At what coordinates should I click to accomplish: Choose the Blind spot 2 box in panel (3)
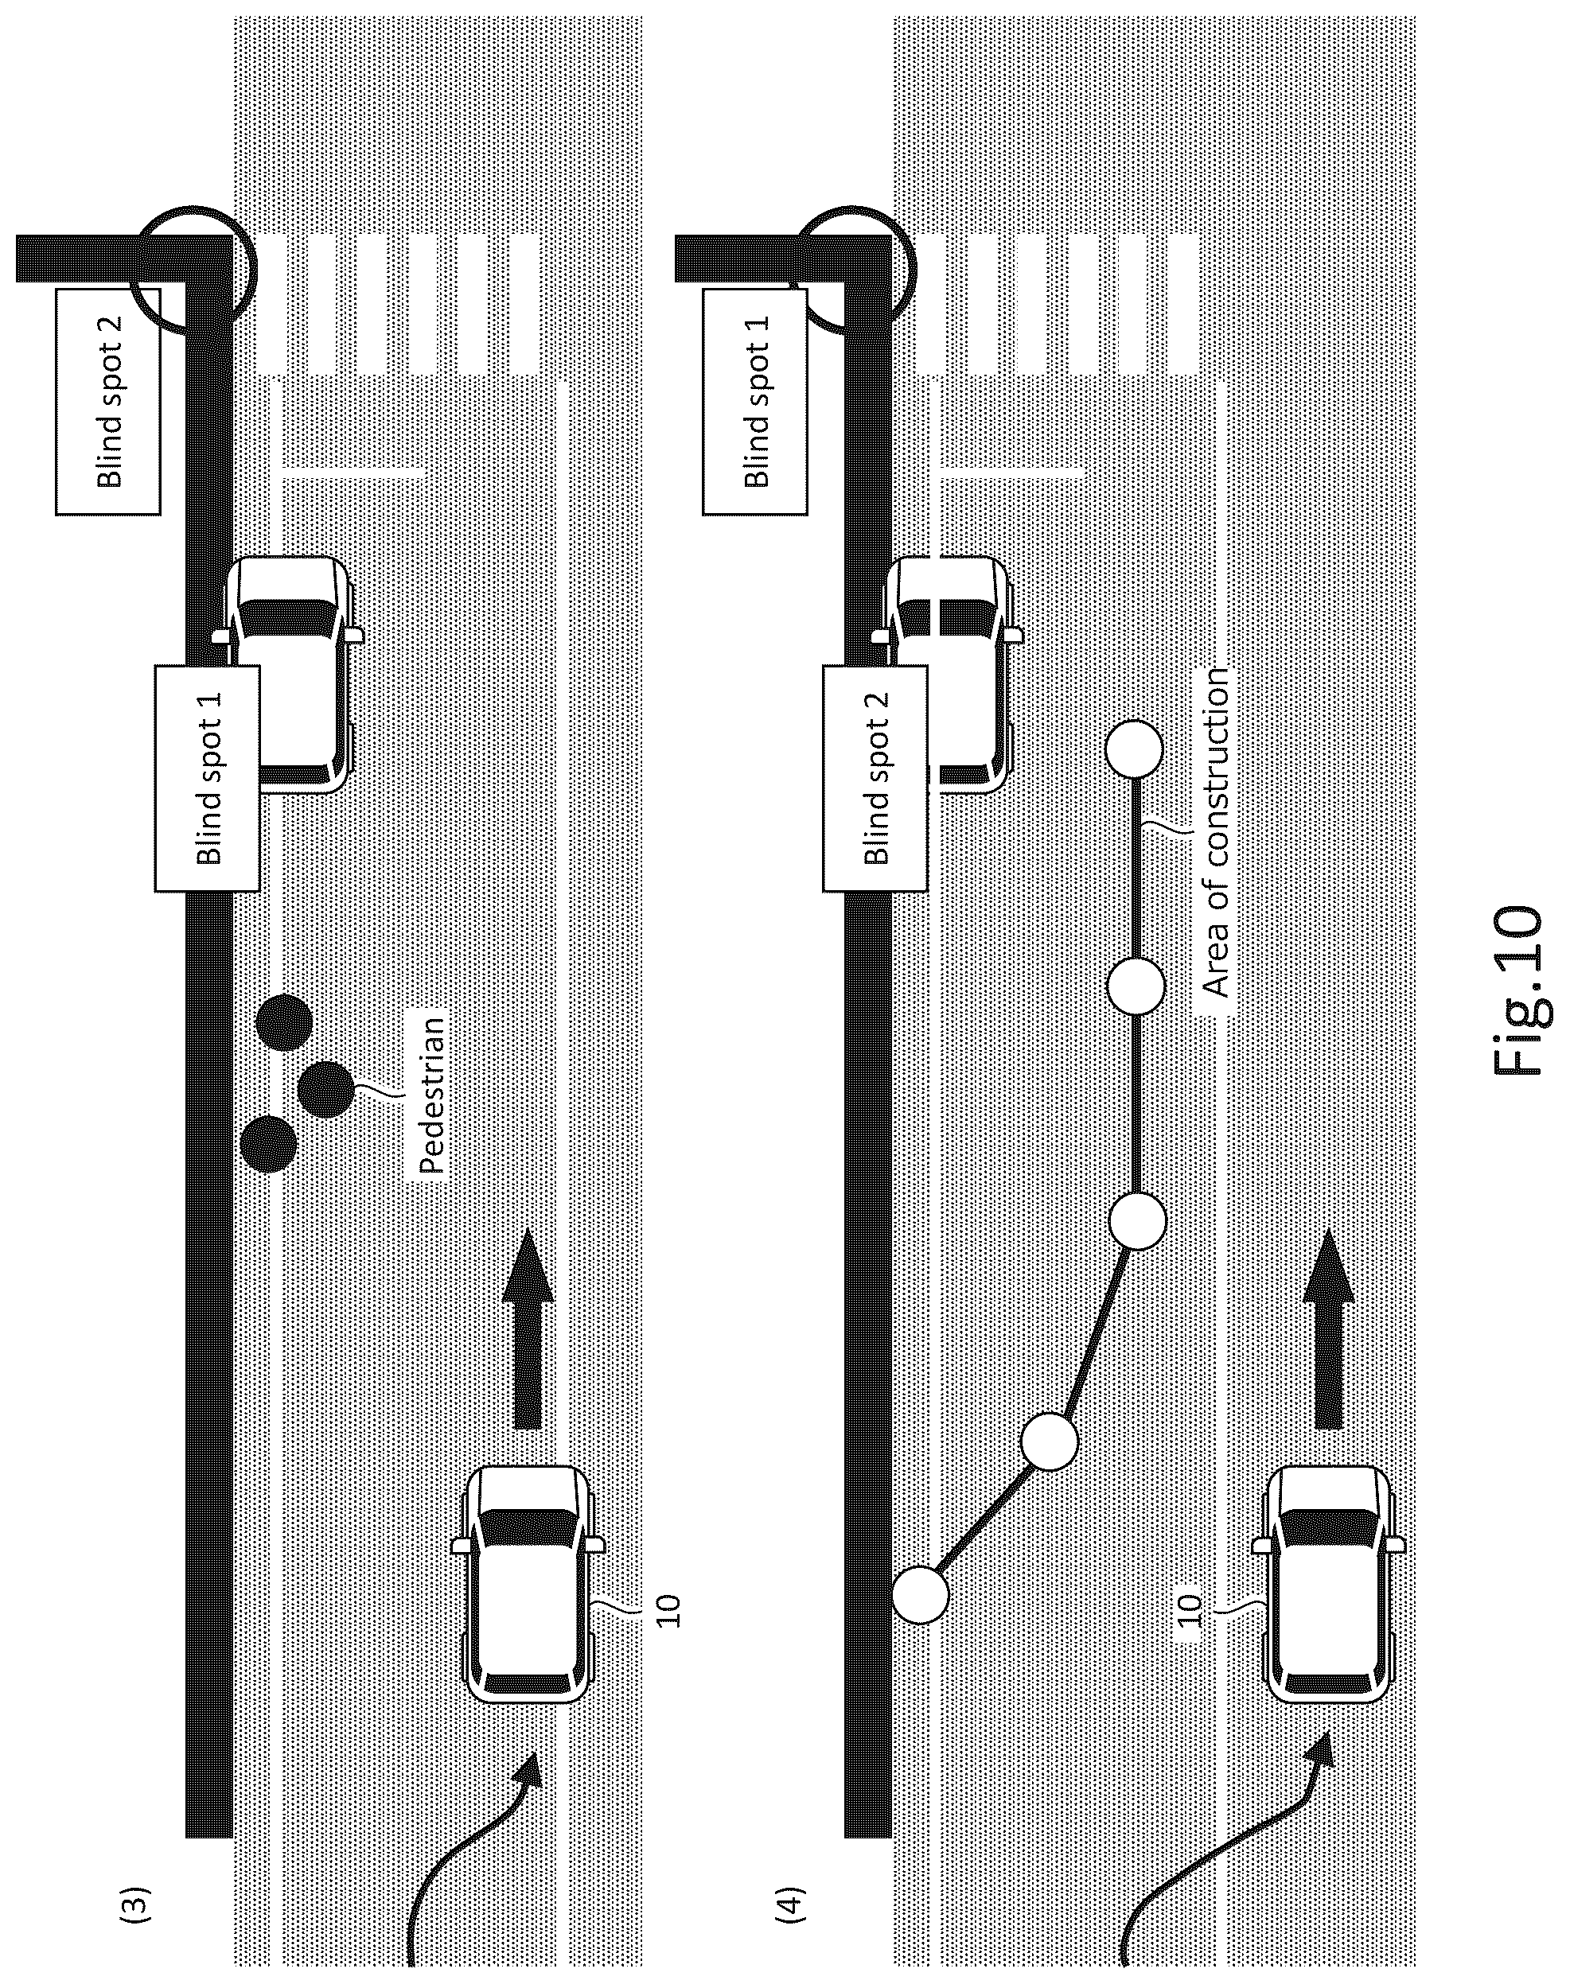click(107, 402)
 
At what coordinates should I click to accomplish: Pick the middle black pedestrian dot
click(325, 1089)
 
